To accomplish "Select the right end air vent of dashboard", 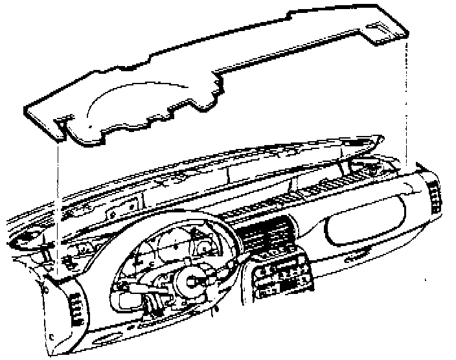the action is click(434, 194).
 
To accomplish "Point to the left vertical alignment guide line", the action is click(57, 194).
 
